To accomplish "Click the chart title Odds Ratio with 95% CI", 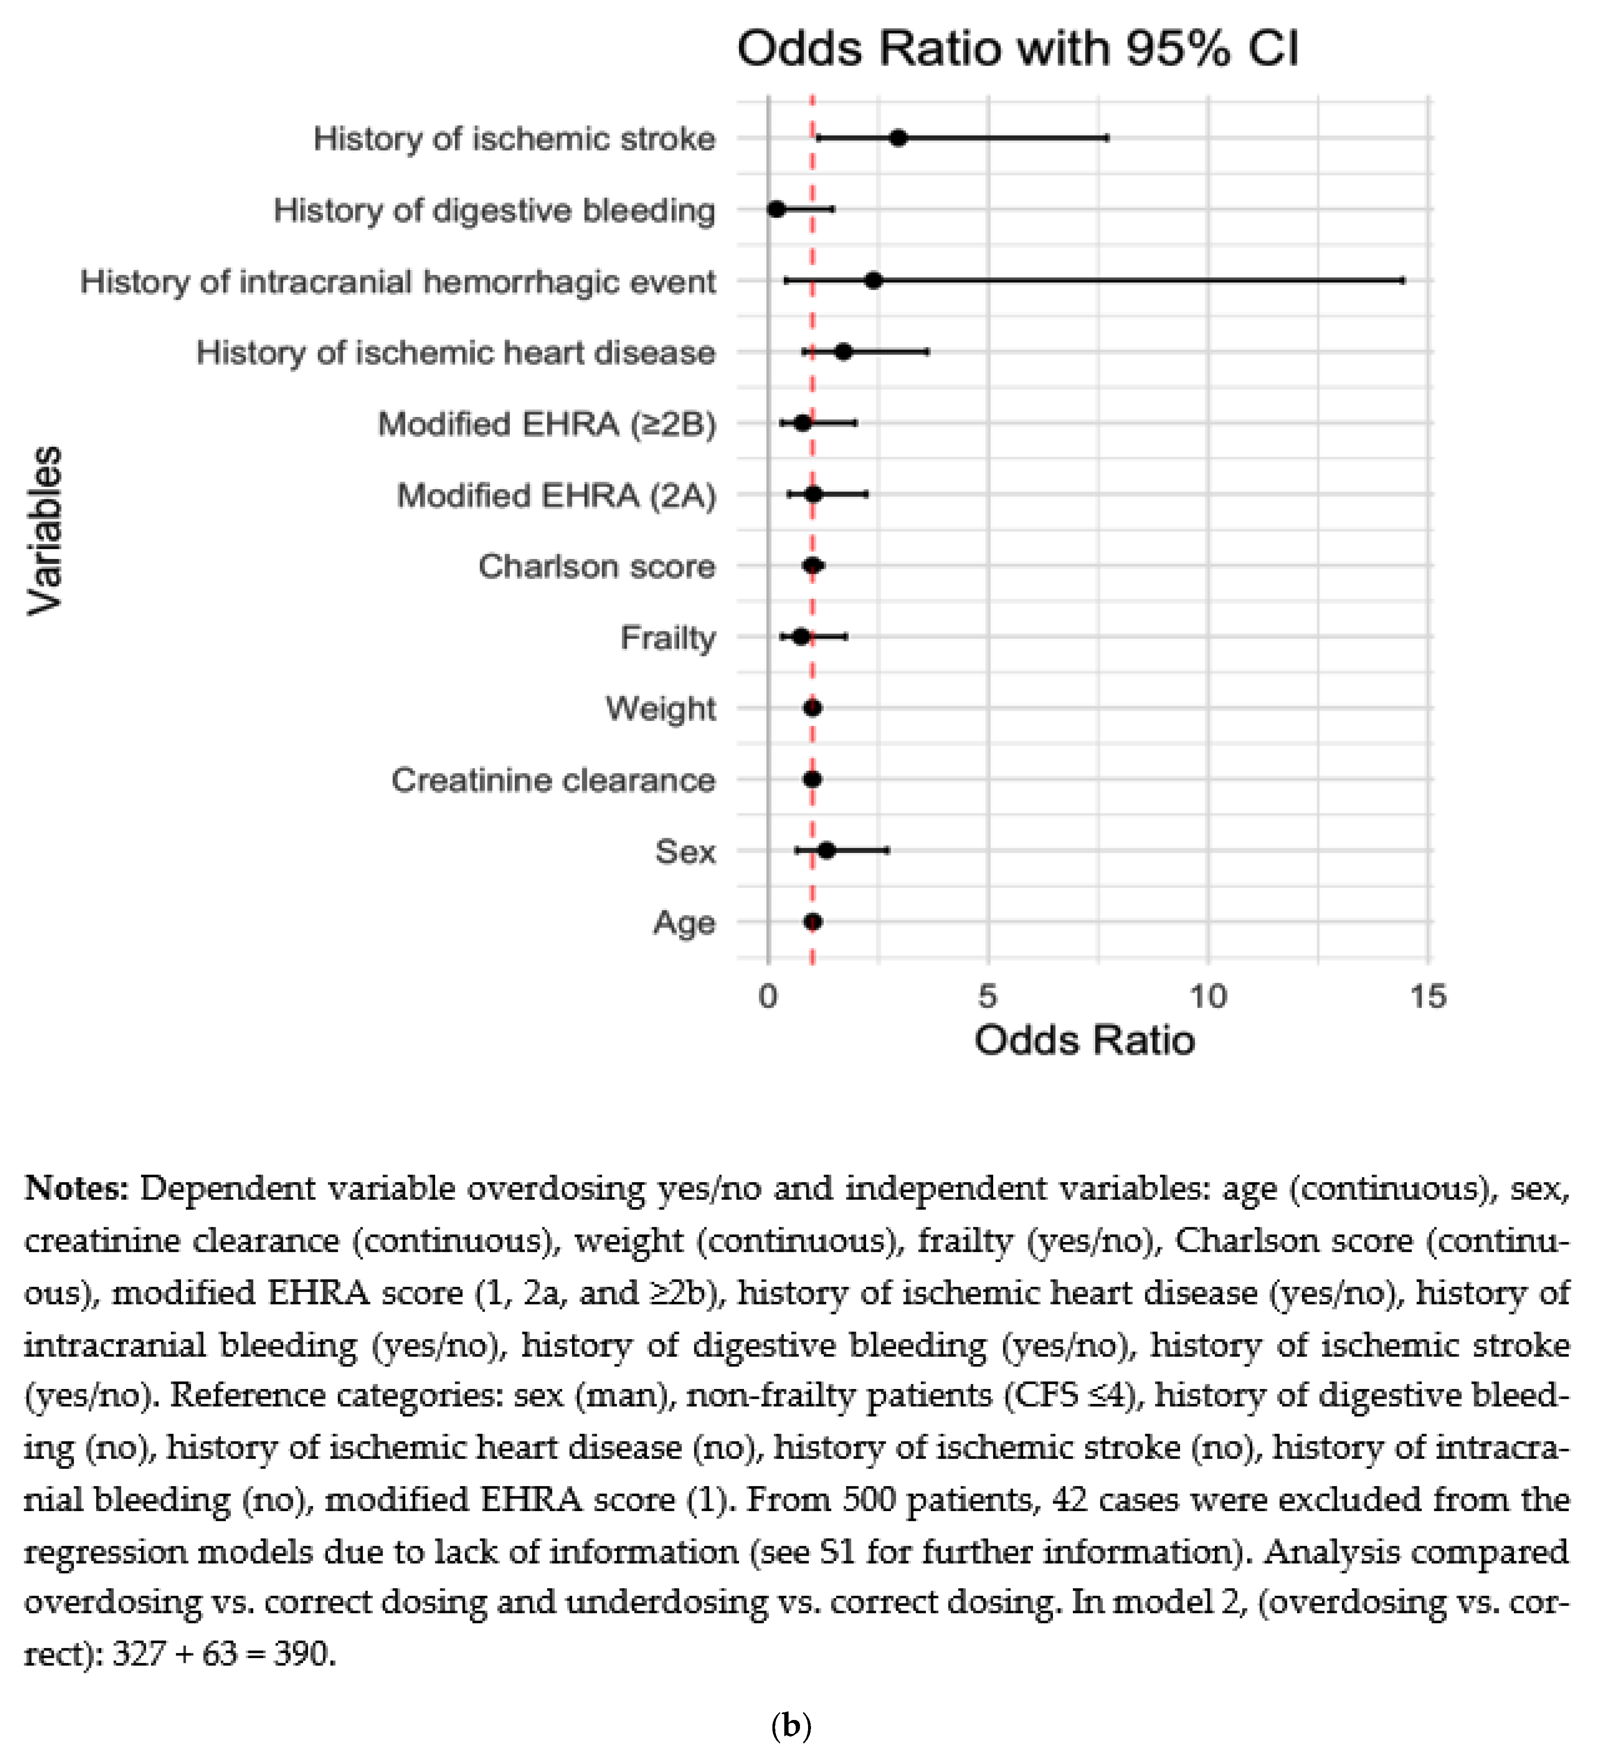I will click(x=1017, y=49).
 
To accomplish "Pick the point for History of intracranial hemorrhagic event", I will click(x=873, y=281).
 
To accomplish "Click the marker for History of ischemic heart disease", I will click(x=843, y=352).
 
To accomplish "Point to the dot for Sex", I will click(x=826, y=850).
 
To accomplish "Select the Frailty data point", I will click(x=801, y=637).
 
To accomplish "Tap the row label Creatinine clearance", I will click(x=553, y=780).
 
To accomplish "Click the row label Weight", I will click(x=661, y=708).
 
